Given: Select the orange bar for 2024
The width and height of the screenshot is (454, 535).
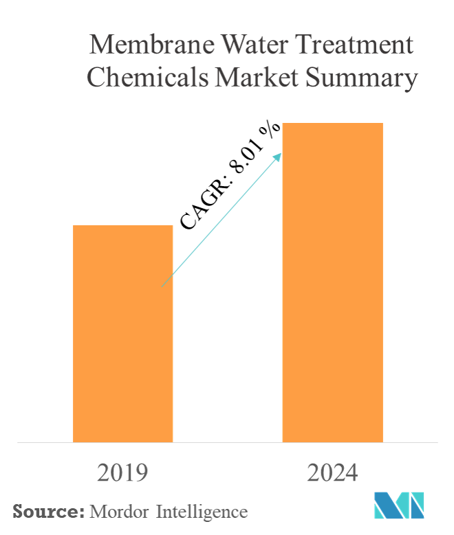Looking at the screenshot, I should click(332, 282).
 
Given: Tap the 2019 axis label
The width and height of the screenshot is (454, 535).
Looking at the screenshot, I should click(123, 474).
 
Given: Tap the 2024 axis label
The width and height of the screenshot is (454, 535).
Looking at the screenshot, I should click(332, 474).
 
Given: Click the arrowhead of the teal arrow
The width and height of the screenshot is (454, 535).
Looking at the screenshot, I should click(279, 156).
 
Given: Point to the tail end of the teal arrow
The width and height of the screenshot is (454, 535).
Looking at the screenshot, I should click(162, 285).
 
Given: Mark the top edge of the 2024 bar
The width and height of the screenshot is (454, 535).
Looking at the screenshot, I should click(332, 124).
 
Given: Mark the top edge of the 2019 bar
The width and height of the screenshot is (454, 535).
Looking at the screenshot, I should click(122, 226).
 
